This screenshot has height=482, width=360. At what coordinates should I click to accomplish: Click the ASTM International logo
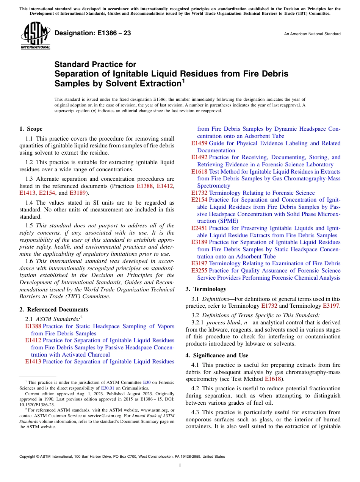tap(35, 36)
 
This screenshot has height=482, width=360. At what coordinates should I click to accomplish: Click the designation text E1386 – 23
tap(92, 33)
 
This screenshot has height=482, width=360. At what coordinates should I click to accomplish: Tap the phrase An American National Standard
tap(312, 34)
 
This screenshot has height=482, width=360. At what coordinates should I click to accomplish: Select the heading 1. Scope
tap(31, 129)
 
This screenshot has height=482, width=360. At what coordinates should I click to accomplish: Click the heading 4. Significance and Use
tap(217, 355)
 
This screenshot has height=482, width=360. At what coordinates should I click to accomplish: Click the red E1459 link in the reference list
tap(199, 143)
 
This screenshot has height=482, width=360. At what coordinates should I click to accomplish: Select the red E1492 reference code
tap(199, 157)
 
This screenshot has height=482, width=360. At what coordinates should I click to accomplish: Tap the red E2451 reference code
tap(199, 228)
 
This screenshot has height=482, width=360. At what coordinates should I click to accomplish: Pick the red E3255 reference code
tap(199, 271)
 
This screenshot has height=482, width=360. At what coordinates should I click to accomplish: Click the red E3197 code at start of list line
tap(199, 263)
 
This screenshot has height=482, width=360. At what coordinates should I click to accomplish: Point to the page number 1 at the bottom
tap(180, 465)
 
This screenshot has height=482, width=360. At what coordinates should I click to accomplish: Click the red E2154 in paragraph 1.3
tap(47, 193)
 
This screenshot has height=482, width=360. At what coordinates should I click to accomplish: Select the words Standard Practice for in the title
tap(95, 65)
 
